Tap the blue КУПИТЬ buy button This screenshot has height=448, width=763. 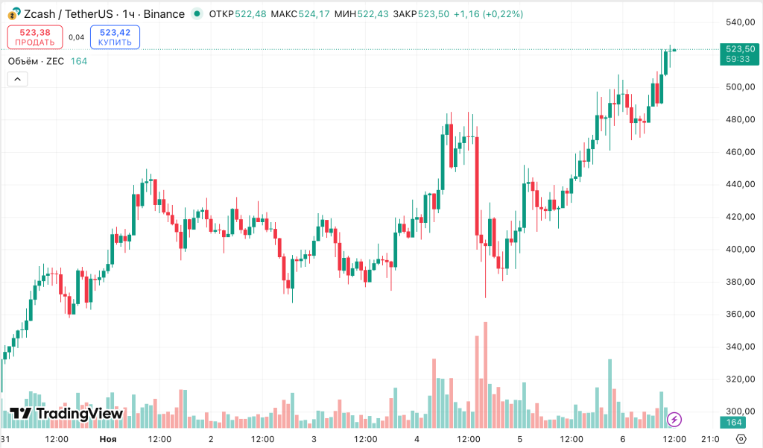[115, 37]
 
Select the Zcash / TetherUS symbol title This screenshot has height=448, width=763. [95, 14]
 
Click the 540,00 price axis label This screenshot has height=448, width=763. [741, 22]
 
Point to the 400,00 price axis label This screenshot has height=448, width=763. [741, 249]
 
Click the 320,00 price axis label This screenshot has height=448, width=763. [741, 379]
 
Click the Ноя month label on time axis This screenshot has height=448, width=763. [109, 439]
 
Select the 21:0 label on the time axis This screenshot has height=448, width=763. [711, 439]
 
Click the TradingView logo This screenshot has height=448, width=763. [66, 414]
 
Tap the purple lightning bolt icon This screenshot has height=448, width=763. [674, 419]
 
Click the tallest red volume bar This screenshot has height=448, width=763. [485, 373]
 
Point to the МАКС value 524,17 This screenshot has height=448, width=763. [316, 14]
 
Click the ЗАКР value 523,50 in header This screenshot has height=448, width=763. [432, 14]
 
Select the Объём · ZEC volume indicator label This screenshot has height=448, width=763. [37, 61]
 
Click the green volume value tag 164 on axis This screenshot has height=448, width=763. [735, 423]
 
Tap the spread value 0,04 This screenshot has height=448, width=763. [76, 37]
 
